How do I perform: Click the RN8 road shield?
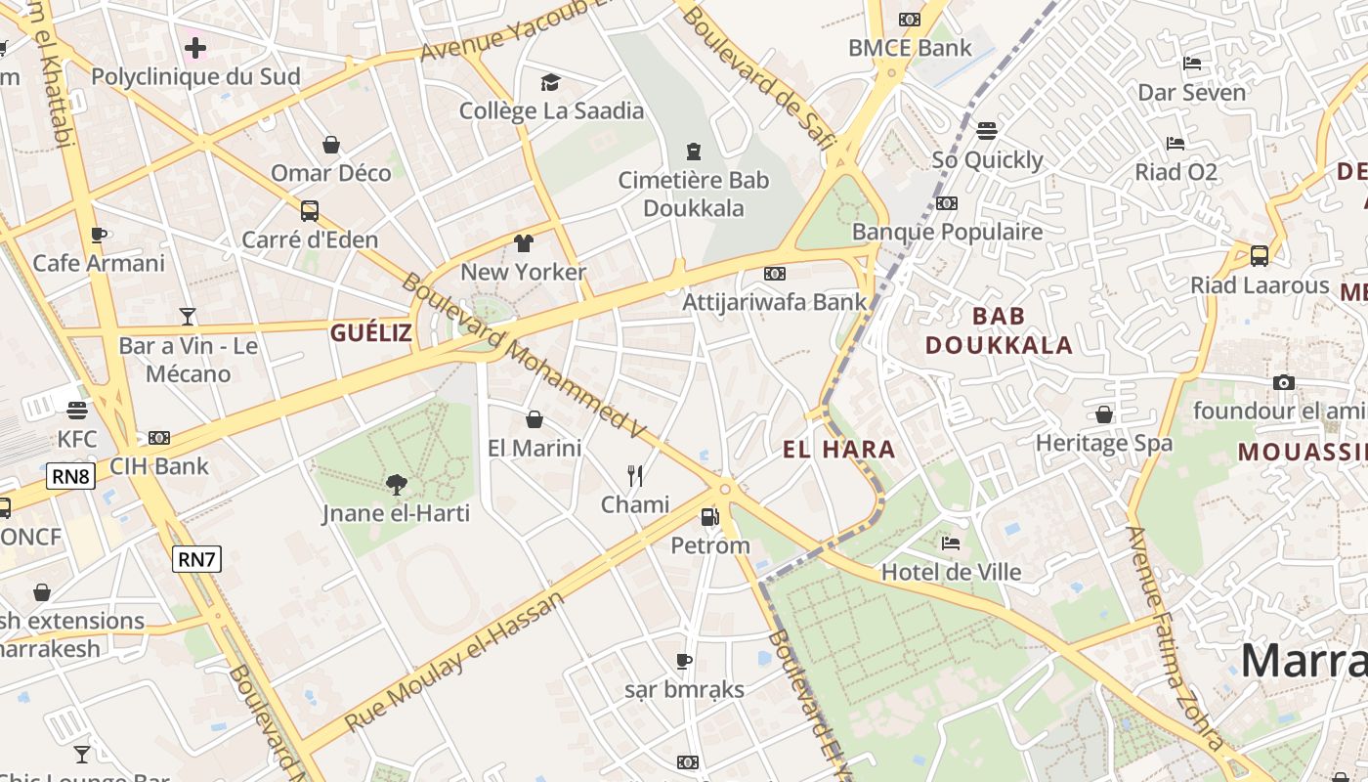(x=70, y=477)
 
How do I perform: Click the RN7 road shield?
(x=196, y=559)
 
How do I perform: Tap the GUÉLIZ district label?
(x=370, y=333)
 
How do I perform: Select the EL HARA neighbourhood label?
(x=838, y=450)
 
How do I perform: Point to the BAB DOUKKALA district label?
(x=999, y=330)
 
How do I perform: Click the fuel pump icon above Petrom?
(x=710, y=517)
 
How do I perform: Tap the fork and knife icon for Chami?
(x=635, y=476)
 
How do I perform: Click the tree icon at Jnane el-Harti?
(x=396, y=484)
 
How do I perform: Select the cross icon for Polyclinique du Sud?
(x=195, y=47)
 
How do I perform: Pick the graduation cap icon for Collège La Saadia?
(x=551, y=82)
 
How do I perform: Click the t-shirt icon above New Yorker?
(x=524, y=243)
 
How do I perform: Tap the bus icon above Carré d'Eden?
(x=310, y=210)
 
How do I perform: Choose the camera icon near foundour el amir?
(x=1284, y=382)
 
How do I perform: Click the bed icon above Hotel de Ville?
(x=951, y=543)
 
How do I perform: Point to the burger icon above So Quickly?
(x=987, y=131)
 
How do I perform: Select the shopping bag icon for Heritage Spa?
(x=1104, y=414)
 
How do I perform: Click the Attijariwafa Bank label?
(x=775, y=301)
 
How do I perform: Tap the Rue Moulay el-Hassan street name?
(x=455, y=661)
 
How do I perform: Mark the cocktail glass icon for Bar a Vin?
(x=188, y=316)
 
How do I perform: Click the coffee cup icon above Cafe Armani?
(x=99, y=235)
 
